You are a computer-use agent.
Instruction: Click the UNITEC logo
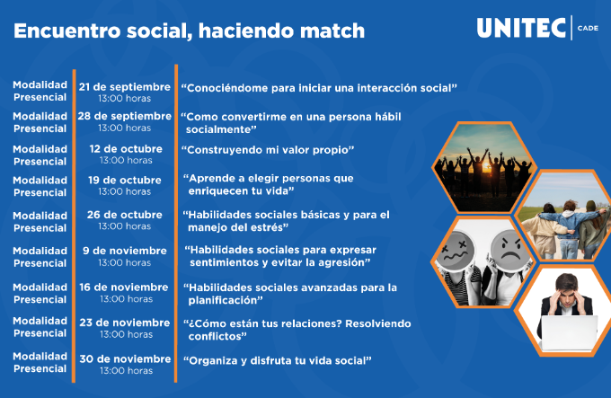521,28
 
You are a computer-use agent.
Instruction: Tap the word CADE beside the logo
588,28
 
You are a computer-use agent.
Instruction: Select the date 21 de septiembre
125,87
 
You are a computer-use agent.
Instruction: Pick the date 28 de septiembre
125,116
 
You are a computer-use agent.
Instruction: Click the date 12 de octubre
126,149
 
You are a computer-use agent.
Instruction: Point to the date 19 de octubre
125,180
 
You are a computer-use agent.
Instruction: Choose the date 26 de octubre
125,215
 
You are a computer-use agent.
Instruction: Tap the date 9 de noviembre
125,251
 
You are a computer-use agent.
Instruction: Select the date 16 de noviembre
124,287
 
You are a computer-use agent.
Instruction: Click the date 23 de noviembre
125,323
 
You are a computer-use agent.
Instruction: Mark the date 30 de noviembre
125,359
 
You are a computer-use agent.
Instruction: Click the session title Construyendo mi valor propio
268,150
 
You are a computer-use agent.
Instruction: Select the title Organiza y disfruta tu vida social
278,361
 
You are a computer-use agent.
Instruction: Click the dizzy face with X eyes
456,250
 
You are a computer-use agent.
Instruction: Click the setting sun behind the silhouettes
487,167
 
